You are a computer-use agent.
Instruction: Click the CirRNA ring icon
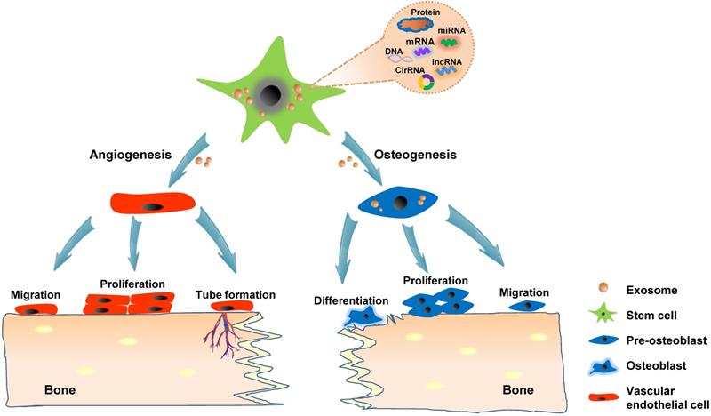coord(426,82)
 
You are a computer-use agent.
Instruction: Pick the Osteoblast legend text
coord(636,364)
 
